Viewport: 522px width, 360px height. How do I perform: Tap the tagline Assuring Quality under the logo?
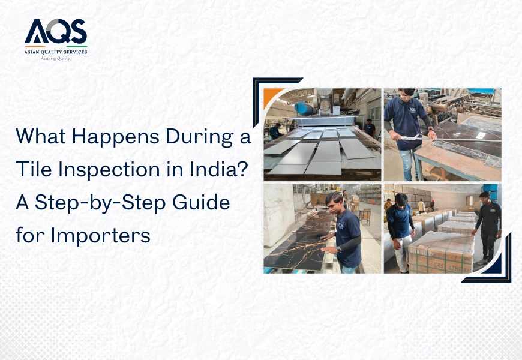56,58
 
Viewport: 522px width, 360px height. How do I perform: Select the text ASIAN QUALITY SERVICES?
56,52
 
